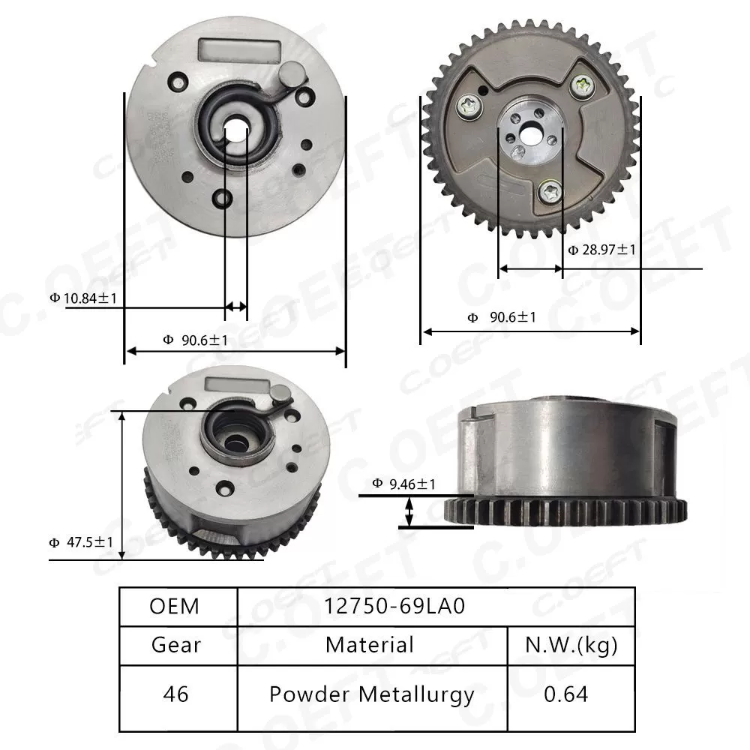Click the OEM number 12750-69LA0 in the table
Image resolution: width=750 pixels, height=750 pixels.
[395, 606]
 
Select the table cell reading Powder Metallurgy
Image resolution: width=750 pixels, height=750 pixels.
[372, 694]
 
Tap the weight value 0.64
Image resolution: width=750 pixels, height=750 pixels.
[566, 694]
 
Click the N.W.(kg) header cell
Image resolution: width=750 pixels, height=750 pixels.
[571, 645]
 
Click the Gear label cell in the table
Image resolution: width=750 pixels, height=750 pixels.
[176, 645]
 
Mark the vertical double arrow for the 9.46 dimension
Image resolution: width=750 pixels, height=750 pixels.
[409, 513]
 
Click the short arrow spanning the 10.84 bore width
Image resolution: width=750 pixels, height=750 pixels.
[236, 306]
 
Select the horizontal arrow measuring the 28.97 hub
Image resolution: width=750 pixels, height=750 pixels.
[530, 268]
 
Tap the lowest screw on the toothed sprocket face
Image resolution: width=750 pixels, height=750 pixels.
[551, 191]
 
